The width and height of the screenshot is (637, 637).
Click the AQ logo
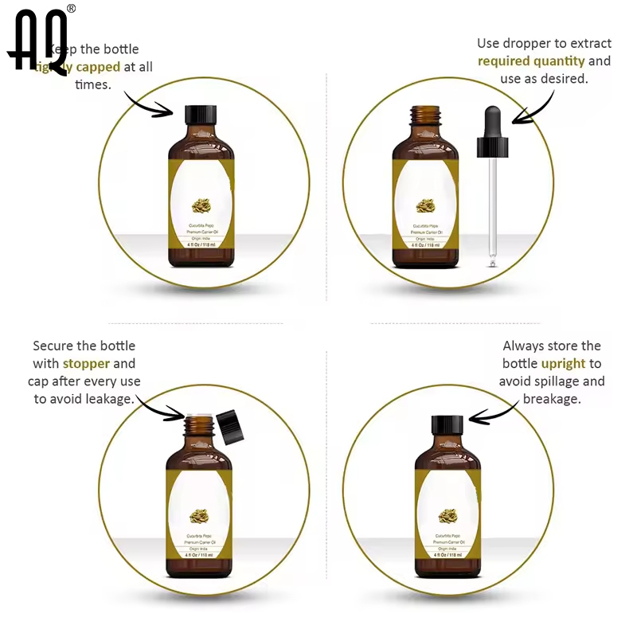point(40,41)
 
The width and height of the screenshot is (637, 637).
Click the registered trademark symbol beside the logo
point(71,9)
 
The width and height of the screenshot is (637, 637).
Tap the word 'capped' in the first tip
point(98,67)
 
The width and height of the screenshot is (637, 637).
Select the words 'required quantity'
point(531,61)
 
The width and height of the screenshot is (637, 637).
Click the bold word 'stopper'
point(87,364)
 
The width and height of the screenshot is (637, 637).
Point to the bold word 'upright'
point(564,364)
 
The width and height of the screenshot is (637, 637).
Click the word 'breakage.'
point(552,399)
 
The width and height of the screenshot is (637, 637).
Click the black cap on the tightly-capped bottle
point(201,114)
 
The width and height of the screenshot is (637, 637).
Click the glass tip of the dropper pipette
point(493,259)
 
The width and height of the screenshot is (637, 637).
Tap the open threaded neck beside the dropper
point(425,116)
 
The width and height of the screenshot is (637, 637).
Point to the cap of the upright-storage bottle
point(447,424)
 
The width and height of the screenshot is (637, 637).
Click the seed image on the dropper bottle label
point(426,208)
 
